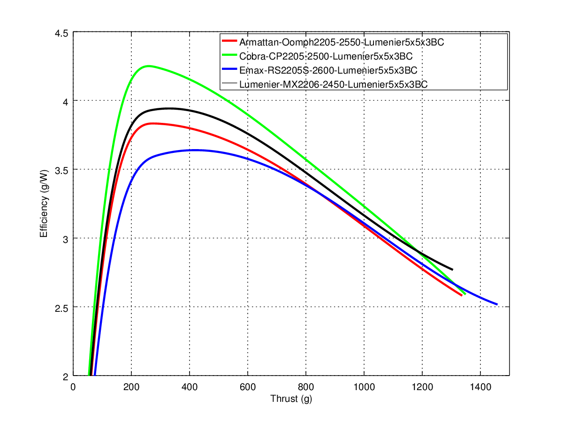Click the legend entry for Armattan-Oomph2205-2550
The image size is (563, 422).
coord(342,42)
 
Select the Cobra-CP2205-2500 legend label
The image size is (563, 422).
coord(326,56)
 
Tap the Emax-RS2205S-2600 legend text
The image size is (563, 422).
coord(328,70)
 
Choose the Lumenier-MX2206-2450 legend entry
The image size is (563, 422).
coord(333,84)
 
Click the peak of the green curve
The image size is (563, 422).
coord(148,66)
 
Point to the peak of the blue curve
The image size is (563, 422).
coord(194,150)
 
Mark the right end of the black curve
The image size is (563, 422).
coord(452,270)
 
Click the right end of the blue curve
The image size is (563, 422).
coord(496,304)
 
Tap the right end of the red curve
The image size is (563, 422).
coord(462,295)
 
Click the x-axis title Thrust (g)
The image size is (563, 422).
coord(291,399)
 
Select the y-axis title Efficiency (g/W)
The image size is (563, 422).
coord(44,204)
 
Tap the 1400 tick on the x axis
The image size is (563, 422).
coord(480,387)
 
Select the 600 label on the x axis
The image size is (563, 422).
coord(248,387)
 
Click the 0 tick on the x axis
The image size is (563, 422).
coord(73,387)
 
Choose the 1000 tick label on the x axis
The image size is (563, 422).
coord(364,387)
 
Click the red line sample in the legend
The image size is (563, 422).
coord(230,42)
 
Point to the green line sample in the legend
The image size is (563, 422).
coord(230,56)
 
